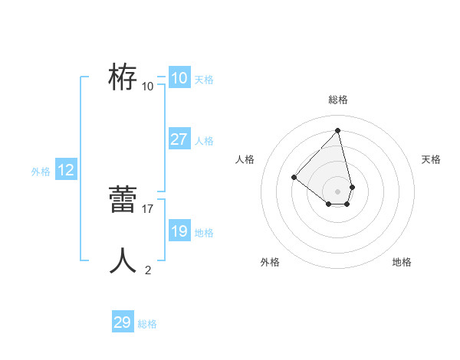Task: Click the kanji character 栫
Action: coord(123,77)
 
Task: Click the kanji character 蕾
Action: coord(123,201)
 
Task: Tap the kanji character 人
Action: coord(123,260)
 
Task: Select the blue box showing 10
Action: coord(179,78)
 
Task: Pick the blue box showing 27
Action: coord(179,139)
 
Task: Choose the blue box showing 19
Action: coord(179,231)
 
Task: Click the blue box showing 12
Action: coord(66,171)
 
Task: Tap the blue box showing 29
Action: coord(122,322)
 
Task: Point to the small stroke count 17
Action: coord(148,208)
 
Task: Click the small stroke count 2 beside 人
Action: coord(148,270)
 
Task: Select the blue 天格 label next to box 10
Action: coord(204,79)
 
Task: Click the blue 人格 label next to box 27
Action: coord(204,141)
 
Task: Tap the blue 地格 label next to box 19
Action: coord(204,233)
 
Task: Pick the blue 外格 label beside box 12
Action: coord(41,172)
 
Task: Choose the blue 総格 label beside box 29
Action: coord(147,324)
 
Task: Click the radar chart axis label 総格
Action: coord(338,100)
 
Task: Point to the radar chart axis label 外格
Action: coord(270,262)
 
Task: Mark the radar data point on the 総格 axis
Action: coord(338,129)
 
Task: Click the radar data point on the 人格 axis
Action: coord(294,178)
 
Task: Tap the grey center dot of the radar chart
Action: coord(338,191)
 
